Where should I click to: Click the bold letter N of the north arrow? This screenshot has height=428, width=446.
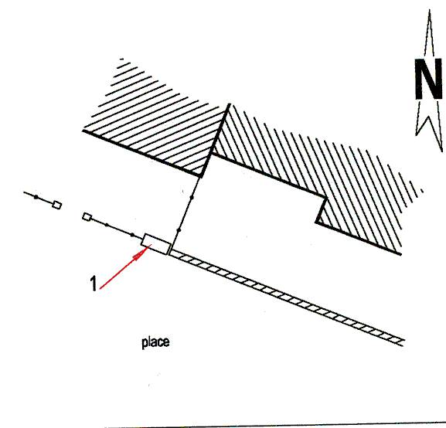429,79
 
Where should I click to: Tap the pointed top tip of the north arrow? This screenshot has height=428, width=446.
430,10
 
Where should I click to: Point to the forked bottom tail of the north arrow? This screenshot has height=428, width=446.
429,134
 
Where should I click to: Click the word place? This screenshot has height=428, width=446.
155,342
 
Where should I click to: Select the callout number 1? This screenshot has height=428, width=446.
94,284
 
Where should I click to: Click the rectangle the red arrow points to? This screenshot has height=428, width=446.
156,244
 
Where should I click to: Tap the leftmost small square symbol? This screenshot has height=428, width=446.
56,205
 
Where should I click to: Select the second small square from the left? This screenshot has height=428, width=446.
87,216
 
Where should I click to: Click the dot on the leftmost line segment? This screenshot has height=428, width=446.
36,197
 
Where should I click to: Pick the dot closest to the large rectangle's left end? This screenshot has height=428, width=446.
132,235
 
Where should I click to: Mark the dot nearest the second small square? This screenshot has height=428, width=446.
107,225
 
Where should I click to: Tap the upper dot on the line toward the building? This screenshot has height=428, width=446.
192,197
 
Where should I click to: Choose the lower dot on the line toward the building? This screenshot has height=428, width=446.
179,229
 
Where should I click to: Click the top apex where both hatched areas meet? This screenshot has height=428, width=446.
229,104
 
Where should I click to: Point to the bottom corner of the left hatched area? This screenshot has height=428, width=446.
201,176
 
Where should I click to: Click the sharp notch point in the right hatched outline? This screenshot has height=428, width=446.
317,222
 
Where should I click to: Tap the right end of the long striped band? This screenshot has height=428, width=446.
403,342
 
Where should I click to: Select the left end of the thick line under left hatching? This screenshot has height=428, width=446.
83,131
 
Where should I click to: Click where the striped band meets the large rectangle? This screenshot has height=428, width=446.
170,252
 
